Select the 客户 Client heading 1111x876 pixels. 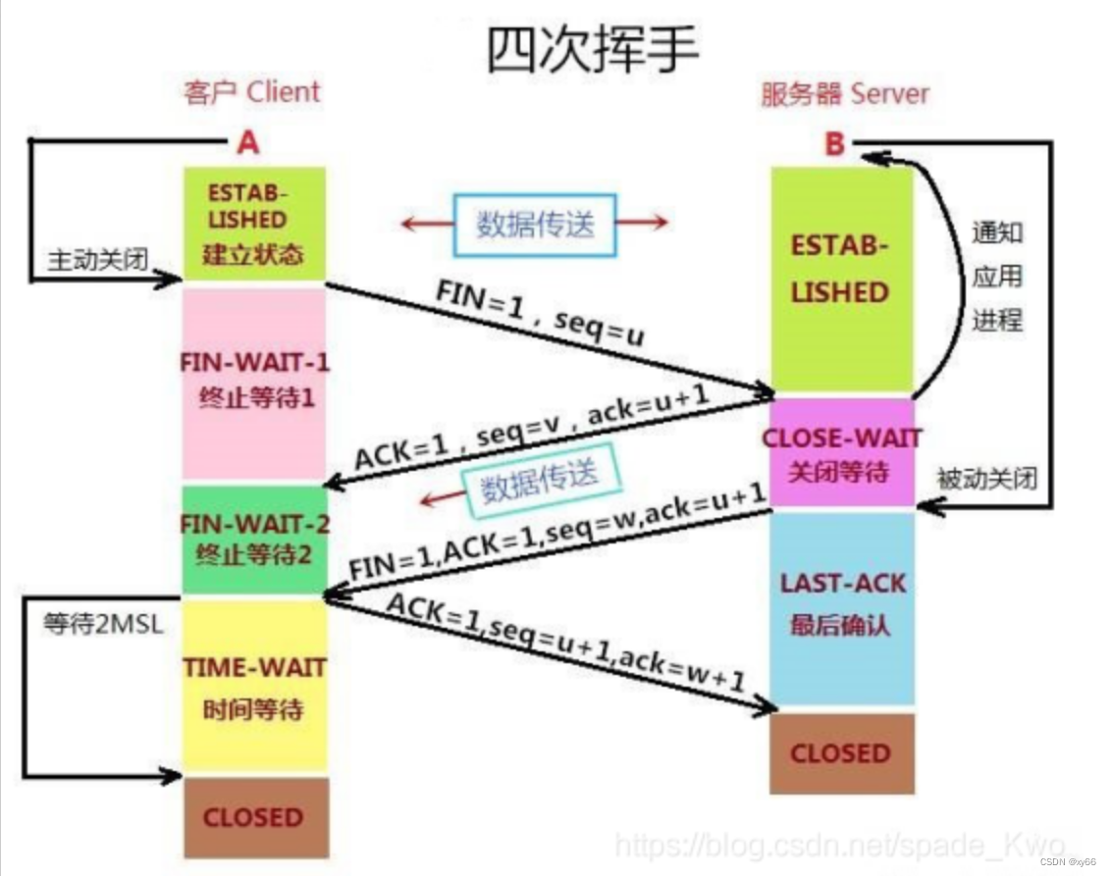click(252, 93)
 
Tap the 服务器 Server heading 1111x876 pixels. click(844, 94)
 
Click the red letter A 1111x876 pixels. click(248, 143)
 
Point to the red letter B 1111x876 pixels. click(833, 144)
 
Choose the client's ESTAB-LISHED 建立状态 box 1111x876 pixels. click(253, 223)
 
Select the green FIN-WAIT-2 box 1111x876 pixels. click(253, 539)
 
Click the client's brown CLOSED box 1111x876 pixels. click(253, 816)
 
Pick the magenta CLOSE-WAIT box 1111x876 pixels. click(841, 452)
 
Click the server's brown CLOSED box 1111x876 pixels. click(841, 753)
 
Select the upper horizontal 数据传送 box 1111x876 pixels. click(535, 224)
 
